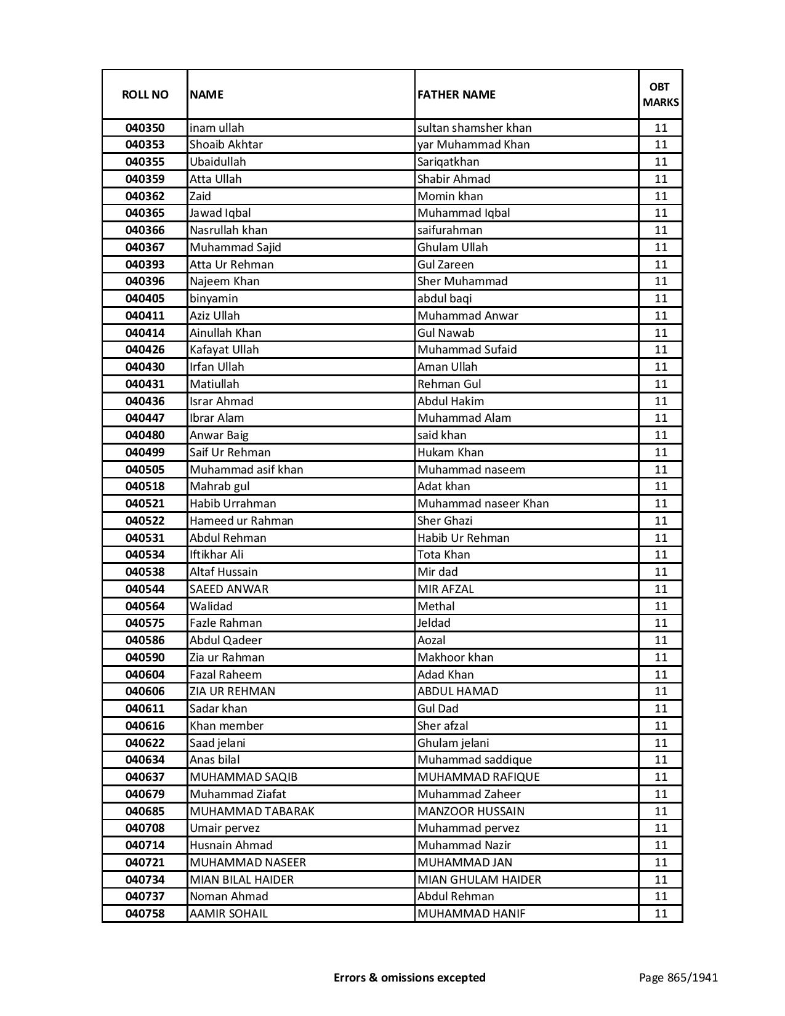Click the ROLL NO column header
145,94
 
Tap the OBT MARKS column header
660,94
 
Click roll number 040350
145,128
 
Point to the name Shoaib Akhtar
226,145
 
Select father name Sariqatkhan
448,162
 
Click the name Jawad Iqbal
220,213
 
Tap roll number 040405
145,299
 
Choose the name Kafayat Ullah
224,350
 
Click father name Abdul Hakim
451,401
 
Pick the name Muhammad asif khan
246,470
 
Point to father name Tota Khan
443,555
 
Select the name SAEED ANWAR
229,589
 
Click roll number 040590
145,658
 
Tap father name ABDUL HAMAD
457,691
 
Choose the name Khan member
226,726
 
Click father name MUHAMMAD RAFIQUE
478,777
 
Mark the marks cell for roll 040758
660,914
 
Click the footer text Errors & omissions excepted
409,977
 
